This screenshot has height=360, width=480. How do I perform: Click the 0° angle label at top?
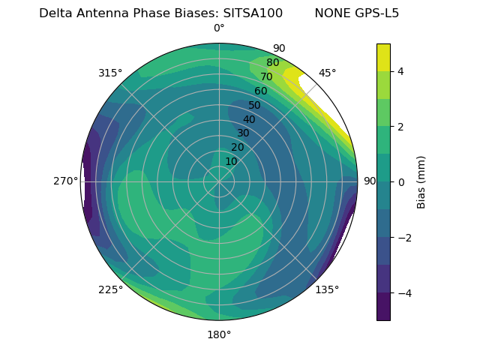click(219, 28)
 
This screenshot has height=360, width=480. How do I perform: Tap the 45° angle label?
click(327, 73)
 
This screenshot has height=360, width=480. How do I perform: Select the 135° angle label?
click(327, 289)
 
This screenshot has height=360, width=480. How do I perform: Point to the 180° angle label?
click(219, 334)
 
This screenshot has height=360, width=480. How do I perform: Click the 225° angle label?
click(110, 289)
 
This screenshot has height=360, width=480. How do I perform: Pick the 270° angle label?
click(65, 181)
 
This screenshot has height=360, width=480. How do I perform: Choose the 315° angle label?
click(110, 73)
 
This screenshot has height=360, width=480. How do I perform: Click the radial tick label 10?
click(231, 161)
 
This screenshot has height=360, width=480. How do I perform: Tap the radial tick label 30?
click(243, 133)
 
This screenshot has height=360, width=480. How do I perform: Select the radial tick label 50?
click(254, 105)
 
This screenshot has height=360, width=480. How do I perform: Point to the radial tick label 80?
click(272, 63)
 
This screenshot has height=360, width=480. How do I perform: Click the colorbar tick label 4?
click(400, 72)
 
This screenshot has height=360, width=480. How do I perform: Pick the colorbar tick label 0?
click(400, 181)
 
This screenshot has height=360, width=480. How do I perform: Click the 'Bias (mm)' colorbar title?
click(421, 181)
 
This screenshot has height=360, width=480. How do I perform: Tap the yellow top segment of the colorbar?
click(383, 57)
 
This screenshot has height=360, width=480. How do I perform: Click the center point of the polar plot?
click(219, 181)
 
